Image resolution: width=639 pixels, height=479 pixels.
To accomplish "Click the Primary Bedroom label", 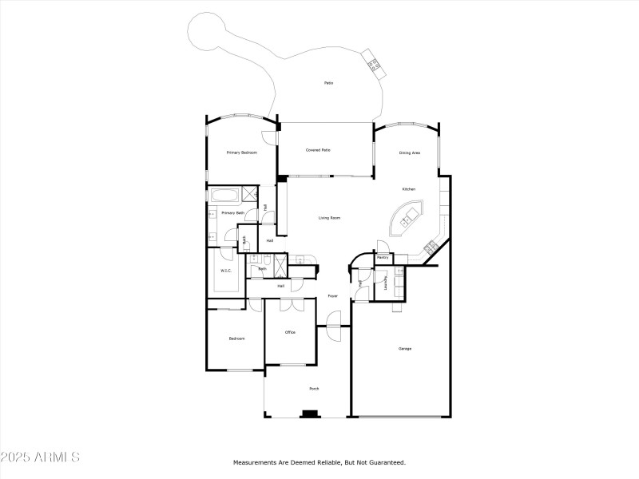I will pyautogui.click(x=241, y=152).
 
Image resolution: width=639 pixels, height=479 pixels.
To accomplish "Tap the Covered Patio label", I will pyautogui.click(x=318, y=150).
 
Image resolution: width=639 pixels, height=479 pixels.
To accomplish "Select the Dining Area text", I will pyautogui.click(x=410, y=152).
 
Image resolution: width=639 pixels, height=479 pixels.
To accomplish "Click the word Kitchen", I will pyautogui.click(x=408, y=189).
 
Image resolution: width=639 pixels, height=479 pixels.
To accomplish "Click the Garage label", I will pyautogui.click(x=405, y=348).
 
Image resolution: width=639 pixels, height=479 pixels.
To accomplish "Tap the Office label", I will pyautogui.click(x=291, y=332).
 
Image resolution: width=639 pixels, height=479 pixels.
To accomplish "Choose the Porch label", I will pyautogui.click(x=315, y=389).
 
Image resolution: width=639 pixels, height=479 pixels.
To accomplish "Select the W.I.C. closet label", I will pyautogui.click(x=226, y=271).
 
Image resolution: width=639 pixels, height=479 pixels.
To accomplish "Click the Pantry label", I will pyautogui.click(x=383, y=258).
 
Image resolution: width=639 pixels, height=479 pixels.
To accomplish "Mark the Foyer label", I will pyautogui.click(x=332, y=296).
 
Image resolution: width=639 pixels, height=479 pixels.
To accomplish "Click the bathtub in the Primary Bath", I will pyautogui.click(x=223, y=194).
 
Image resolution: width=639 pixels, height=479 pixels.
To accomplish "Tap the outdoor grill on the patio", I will pyautogui.click(x=374, y=63).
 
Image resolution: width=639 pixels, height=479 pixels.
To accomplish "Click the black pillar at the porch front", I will pyautogui.click(x=309, y=414).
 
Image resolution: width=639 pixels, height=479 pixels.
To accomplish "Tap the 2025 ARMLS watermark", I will pyautogui.click(x=40, y=457).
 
